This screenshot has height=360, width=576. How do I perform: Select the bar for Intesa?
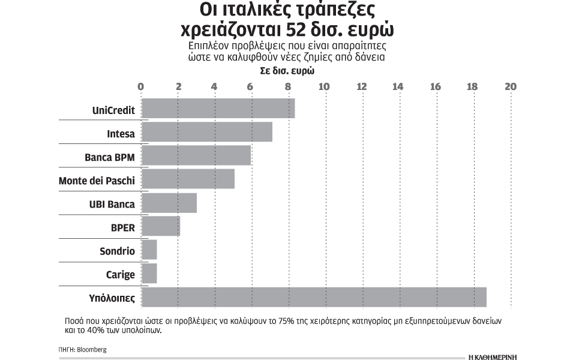tap(206, 132)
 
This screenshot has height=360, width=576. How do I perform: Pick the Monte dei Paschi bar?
tap(187, 179)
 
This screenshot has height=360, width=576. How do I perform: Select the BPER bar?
tap(160, 226)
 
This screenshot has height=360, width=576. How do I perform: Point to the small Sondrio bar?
tap(149, 250)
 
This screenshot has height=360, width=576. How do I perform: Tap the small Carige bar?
tap(149, 274)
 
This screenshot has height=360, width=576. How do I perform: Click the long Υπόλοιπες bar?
tap(313, 297)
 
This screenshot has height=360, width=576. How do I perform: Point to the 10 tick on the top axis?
tap(325, 86)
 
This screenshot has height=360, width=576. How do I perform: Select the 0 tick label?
tap(141, 86)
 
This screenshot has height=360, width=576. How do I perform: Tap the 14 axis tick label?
tap(398, 86)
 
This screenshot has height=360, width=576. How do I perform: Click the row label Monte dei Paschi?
tap(97, 180)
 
